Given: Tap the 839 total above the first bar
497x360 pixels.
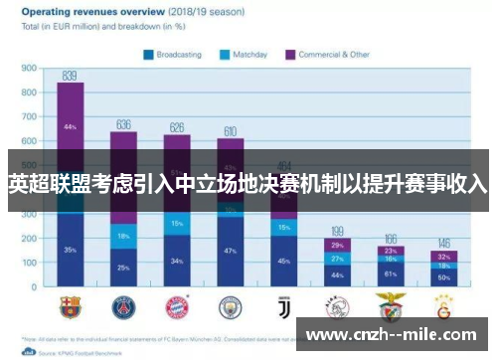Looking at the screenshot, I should coord(70,76).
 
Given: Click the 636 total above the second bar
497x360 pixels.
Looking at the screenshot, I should coord(123,124).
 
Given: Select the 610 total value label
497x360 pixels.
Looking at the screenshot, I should coord(230,130).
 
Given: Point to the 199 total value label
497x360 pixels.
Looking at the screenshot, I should coord(337,230).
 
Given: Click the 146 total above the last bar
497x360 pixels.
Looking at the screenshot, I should coord(443,243).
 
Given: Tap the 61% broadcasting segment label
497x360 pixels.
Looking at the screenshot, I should coord(391,273).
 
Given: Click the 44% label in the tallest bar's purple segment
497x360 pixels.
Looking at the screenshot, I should coord(70,127).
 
